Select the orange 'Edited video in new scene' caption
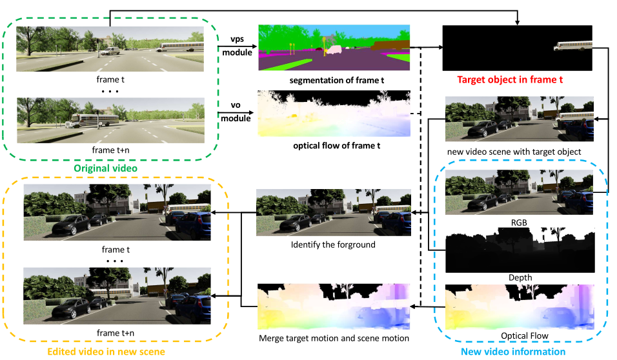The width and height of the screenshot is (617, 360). pos(106,352)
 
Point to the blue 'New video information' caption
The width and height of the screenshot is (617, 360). pos(513,352)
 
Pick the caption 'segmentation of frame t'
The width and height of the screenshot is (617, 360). pos(334,81)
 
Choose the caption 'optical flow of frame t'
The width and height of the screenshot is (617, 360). pos(334,146)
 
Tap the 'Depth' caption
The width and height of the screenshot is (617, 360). pos(520,277)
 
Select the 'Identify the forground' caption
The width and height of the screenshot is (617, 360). pos(333,246)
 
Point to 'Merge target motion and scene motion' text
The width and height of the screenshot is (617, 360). pos(333,338)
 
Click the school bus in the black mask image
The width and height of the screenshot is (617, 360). pos(574,46)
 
